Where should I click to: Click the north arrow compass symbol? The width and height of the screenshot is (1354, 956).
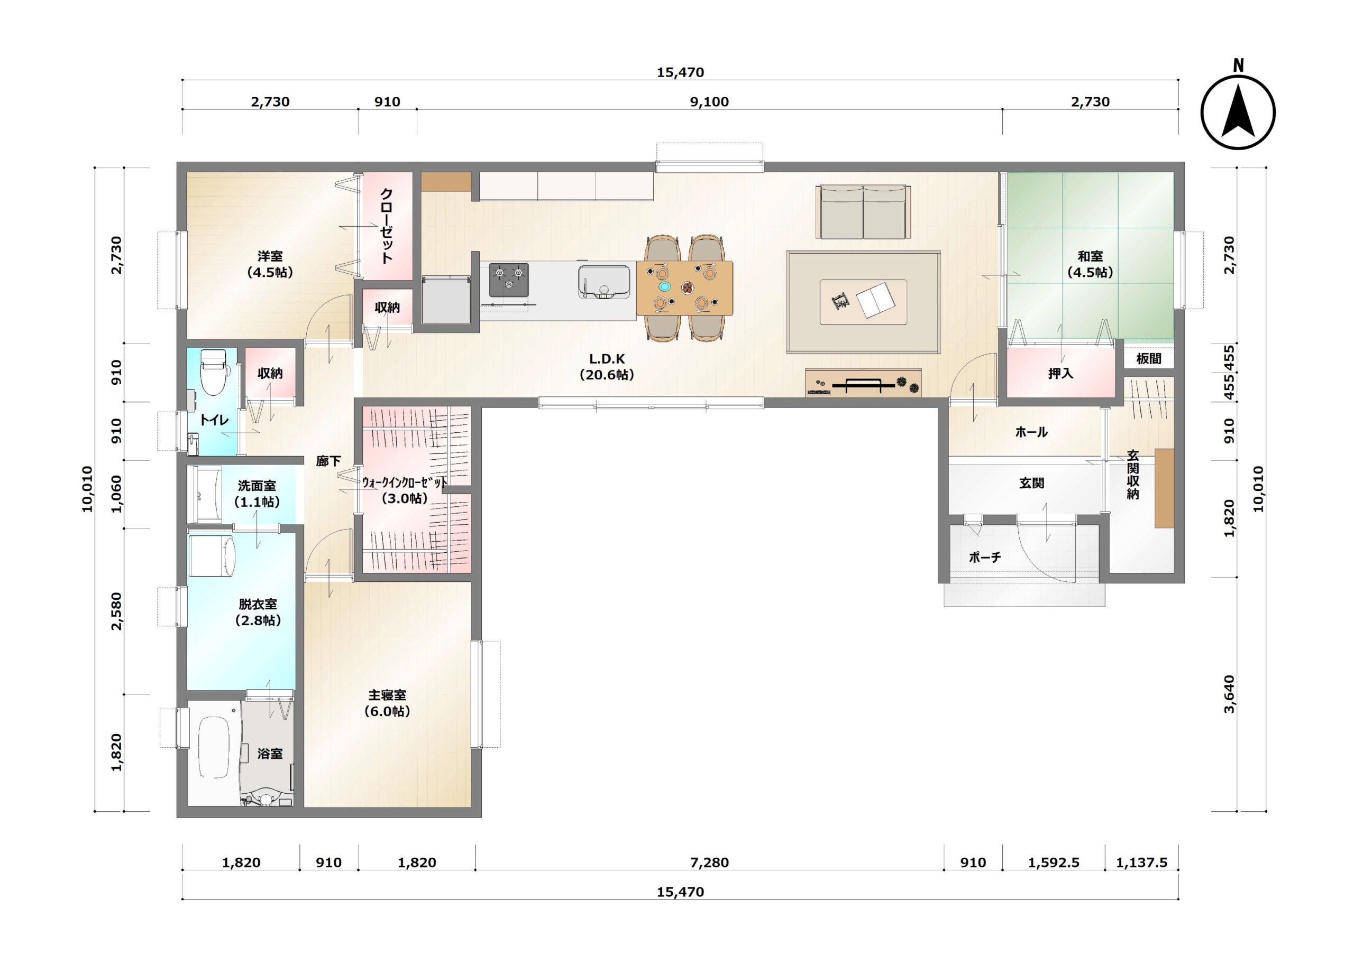1238,112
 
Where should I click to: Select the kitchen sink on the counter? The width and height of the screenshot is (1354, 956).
603,282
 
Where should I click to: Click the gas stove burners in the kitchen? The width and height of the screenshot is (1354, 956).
509,280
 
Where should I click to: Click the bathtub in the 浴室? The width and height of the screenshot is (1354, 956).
213,748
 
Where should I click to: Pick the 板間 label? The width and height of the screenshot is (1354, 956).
1149,358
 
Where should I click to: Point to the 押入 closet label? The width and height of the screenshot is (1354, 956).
1060,373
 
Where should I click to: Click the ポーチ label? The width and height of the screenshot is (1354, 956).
985,557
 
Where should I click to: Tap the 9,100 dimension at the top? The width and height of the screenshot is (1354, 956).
709,102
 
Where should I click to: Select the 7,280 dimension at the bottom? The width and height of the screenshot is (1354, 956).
709,863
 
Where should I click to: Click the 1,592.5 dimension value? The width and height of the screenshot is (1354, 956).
1054,863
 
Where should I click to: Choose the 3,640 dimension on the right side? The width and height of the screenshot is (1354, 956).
1229,694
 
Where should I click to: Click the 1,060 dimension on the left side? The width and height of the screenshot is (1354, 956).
117,494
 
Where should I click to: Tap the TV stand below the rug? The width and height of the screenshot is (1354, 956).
863,383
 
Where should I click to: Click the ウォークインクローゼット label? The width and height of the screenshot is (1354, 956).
405,482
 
